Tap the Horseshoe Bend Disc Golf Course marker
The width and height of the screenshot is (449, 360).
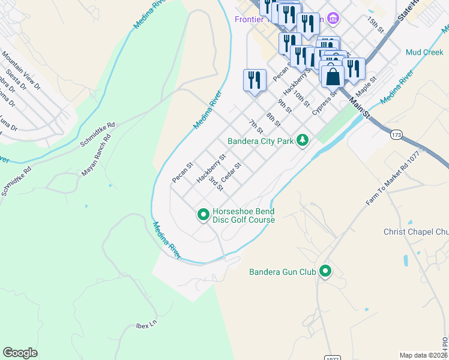click(x=203, y=214)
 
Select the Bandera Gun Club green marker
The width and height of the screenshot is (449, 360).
click(x=325, y=272)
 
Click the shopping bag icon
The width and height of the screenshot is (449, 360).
click(x=333, y=77)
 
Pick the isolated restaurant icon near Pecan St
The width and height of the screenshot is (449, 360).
click(x=255, y=80)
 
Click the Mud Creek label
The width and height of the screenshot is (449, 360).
click(x=424, y=52)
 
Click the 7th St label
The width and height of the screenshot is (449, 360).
click(x=256, y=127)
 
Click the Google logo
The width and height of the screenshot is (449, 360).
click(x=20, y=352)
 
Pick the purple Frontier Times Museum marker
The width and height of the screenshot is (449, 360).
click(x=334, y=19)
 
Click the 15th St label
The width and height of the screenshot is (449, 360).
click(x=376, y=24)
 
